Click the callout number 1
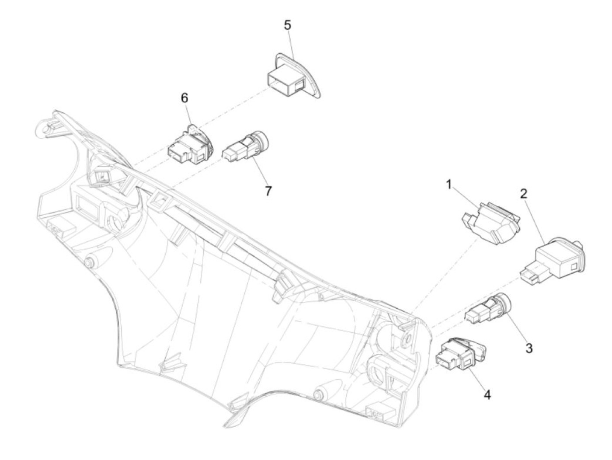pyautogui.click(x=449, y=185)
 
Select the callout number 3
pyautogui.click(x=529, y=348)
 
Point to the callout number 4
pyautogui.click(x=487, y=394)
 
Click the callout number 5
pyautogui.click(x=287, y=25)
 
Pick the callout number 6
pyautogui.click(x=184, y=98)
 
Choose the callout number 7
pyautogui.click(x=268, y=191)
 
